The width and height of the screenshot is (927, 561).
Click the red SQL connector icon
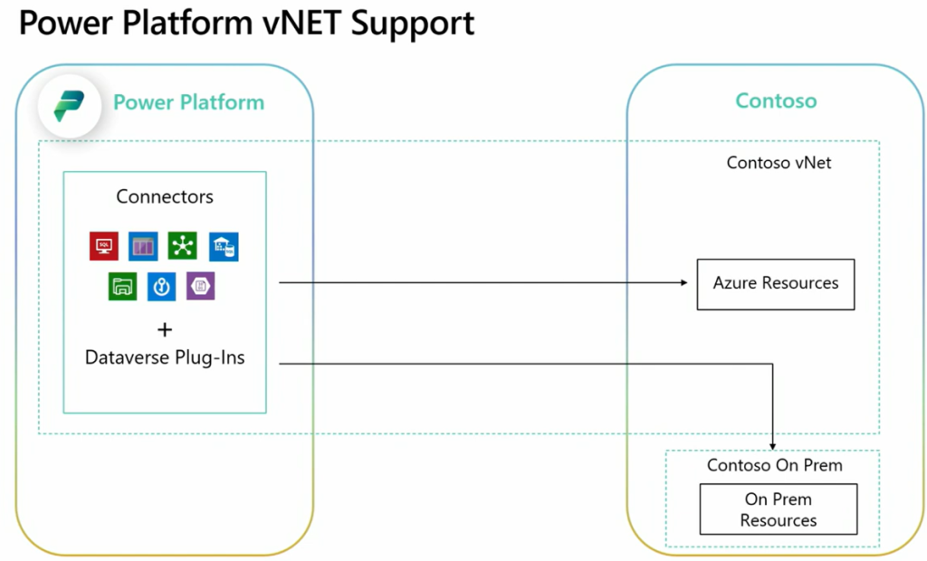coord(103,246)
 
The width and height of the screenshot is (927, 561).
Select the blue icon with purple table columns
coord(143,246)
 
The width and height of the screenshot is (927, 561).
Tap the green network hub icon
coord(183,246)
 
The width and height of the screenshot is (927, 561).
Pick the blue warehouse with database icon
coord(224,246)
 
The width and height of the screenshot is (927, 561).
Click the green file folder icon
coord(122,287)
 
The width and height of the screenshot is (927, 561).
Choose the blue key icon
coord(161,287)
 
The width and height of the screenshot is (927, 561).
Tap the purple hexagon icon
coord(200,287)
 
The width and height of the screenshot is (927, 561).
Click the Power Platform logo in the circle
coord(69,105)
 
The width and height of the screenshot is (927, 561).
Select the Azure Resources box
coord(775,283)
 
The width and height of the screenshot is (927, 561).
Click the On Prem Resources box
coord(778,509)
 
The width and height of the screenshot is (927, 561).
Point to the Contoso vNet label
coord(779,163)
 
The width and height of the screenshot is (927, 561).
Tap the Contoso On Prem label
coord(774,466)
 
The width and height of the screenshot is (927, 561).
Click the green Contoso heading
coord(776,100)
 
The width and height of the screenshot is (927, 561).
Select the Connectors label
coord(165,196)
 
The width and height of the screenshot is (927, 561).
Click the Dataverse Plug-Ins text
coord(165,357)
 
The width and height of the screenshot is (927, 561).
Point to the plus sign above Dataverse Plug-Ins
coord(165,329)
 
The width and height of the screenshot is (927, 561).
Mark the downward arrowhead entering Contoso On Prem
coord(773,445)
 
